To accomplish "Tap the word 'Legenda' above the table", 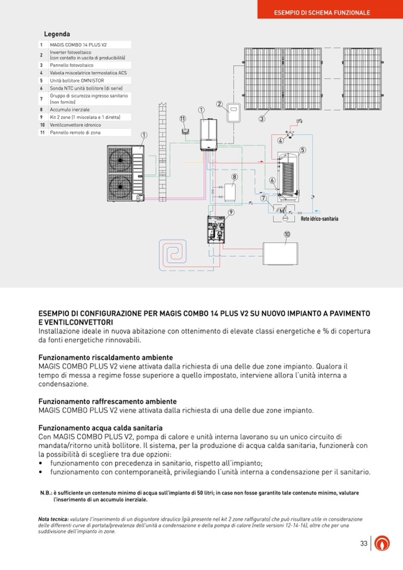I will (x=57, y=34).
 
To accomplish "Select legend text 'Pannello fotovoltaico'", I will (x=72, y=65).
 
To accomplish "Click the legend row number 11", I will (x=42, y=133).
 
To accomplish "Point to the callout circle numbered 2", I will (x=219, y=104).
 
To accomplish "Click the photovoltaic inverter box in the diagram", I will (x=232, y=113).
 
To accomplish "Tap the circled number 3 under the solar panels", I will (x=262, y=119).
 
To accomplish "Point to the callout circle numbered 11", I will (x=182, y=119).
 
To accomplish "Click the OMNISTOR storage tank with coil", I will (x=291, y=178).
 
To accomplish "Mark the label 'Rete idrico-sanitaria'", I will (x=319, y=219).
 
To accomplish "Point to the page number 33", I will (x=364, y=543).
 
